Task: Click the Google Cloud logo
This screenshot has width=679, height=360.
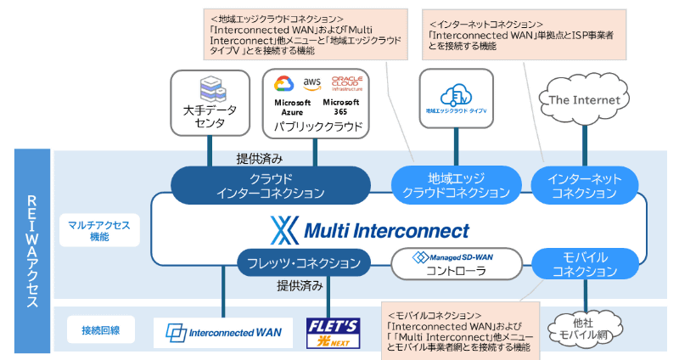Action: click(x=284, y=86)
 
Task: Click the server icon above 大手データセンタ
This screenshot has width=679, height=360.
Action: click(x=209, y=88)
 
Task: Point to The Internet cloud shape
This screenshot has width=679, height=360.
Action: click(x=585, y=100)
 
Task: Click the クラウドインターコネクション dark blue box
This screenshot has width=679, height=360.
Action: click(x=271, y=186)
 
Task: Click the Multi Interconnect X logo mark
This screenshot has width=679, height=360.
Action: click(x=281, y=229)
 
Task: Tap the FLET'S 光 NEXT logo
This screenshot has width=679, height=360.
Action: click(x=333, y=330)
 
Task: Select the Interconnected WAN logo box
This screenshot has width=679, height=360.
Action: click(x=223, y=332)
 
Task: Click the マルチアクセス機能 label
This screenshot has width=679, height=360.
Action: click(x=94, y=231)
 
